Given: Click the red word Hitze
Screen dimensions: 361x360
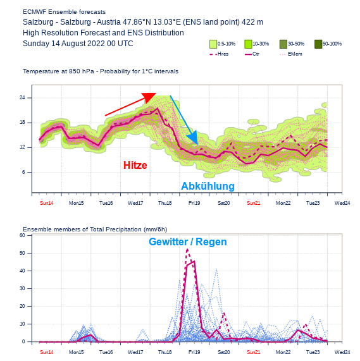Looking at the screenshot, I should (135, 166).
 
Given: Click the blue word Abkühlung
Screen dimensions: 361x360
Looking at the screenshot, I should (208, 187).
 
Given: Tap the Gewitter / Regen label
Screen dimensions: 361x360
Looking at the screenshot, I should (187, 242).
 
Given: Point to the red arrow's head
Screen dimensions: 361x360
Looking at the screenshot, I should (150, 97).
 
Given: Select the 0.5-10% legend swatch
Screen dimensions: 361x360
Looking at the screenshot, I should (213, 44).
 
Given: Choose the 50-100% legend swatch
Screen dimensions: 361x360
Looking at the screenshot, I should (318, 44).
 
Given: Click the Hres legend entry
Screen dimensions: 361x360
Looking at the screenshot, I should (219, 54).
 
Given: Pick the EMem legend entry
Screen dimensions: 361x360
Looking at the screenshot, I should (290, 54).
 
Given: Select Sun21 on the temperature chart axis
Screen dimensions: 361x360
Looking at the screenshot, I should (253, 203).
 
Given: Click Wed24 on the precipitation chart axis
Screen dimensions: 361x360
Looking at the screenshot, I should (342, 352).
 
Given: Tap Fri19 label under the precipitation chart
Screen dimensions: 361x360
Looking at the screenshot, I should (194, 352).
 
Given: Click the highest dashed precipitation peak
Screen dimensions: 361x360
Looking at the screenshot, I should (187, 249).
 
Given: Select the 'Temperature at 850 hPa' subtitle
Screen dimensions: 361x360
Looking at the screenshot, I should (101, 71).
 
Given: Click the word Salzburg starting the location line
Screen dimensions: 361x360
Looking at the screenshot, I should (38, 22).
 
